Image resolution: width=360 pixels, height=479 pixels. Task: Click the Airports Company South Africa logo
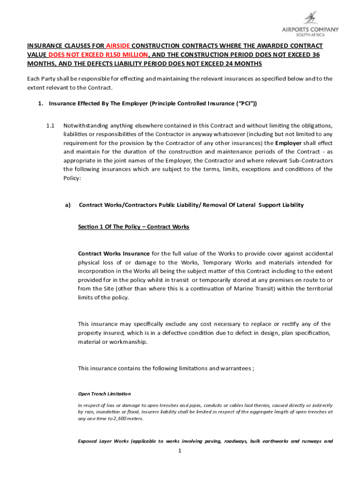click(316, 24)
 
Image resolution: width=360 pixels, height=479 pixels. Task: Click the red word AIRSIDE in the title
click(118, 46)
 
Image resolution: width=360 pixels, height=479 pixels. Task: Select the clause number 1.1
click(50, 125)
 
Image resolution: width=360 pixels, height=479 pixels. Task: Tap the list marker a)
click(68, 205)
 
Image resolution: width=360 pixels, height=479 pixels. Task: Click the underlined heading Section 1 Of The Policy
click(133, 227)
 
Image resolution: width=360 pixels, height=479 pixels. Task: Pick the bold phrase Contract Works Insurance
click(114, 254)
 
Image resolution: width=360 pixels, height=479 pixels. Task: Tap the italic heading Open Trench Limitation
click(104, 394)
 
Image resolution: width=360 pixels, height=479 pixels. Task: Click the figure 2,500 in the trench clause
click(119, 419)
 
